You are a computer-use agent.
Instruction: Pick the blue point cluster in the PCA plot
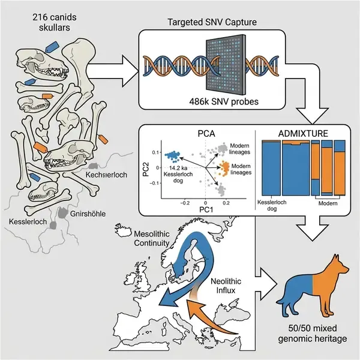[173, 155]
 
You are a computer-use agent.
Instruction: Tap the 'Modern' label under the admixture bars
[326, 205]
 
